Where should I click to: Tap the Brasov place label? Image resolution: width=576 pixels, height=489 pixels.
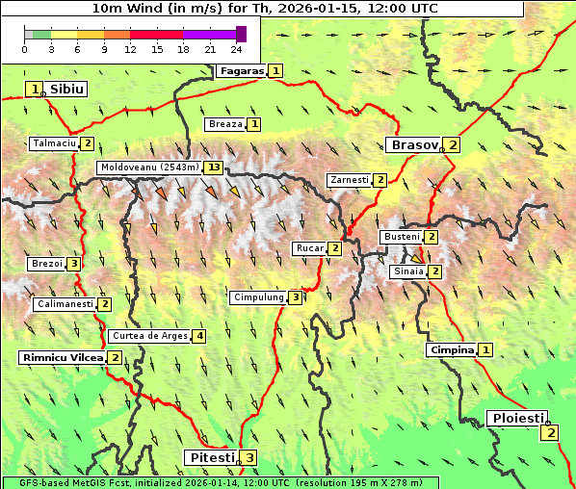pyautogui.click(x=412, y=145)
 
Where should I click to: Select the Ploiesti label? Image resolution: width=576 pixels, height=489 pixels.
pyautogui.click(x=517, y=418)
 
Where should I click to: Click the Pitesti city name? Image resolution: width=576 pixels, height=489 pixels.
pyautogui.click(x=210, y=457)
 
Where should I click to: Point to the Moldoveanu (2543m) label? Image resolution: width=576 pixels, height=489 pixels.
pyautogui.click(x=149, y=167)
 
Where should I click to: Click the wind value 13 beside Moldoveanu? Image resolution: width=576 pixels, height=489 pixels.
pyautogui.click(x=213, y=167)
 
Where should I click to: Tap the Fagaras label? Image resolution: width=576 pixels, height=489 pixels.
pyautogui.click(x=241, y=70)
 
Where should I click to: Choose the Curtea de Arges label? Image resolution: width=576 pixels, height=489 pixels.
pyautogui.click(x=149, y=336)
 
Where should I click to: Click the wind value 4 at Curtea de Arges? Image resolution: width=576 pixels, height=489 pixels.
pyautogui.click(x=198, y=336)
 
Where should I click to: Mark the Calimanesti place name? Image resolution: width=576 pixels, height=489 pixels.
pyautogui.click(x=65, y=304)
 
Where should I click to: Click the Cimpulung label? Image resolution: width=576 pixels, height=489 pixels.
pyautogui.click(x=258, y=297)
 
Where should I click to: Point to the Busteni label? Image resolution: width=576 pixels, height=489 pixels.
pyautogui.click(x=402, y=237)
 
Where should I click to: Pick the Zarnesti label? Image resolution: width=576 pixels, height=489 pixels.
pyautogui.click(x=349, y=180)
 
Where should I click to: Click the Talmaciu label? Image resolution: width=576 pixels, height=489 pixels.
pyautogui.click(x=54, y=143)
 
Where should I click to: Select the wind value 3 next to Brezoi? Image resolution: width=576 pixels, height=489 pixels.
pyautogui.click(x=74, y=264)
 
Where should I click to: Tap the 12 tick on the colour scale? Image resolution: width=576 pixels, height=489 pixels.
pyautogui.click(x=130, y=49)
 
